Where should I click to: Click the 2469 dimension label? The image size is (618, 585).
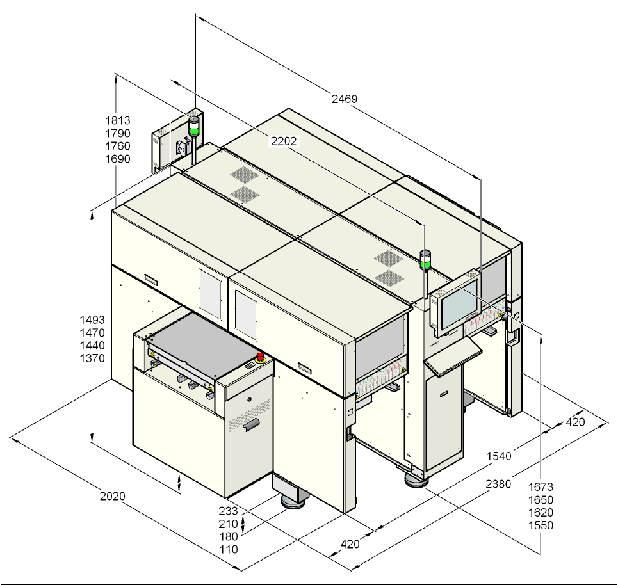point(345,99)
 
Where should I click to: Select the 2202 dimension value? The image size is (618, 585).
point(284,141)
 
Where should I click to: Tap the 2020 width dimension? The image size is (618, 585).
point(112,496)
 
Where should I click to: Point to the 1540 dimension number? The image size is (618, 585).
point(499,456)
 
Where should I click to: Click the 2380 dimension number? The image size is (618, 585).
point(498,484)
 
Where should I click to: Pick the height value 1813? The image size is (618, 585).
point(117,120)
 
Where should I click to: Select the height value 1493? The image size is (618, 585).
point(92,320)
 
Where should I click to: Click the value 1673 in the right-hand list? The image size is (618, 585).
point(541,487)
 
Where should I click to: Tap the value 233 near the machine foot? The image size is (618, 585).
point(228,511)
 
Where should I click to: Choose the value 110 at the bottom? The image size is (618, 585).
point(228,549)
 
